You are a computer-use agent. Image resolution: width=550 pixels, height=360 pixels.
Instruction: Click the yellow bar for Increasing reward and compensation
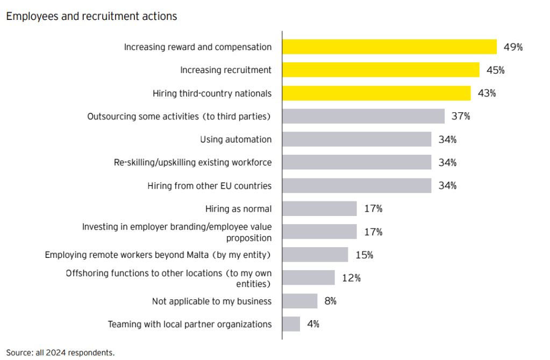click(x=389, y=47)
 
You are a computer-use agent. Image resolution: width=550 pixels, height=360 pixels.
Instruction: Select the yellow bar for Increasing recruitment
click(x=381, y=70)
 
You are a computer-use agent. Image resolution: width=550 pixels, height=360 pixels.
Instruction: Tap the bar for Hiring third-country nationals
click(x=376, y=93)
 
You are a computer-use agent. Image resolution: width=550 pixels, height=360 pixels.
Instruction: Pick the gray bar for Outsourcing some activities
click(x=363, y=116)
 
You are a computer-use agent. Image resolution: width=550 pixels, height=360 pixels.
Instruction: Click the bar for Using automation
click(x=357, y=139)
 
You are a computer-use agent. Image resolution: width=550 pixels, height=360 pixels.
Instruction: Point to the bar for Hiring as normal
click(x=320, y=208)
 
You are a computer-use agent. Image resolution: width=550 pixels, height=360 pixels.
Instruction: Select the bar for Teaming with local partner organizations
click(x=291, y=324)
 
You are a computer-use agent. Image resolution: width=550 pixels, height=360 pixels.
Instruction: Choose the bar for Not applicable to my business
click(x=300, y=301)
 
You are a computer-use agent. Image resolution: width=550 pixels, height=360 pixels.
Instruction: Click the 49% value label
click(x=513, y=47)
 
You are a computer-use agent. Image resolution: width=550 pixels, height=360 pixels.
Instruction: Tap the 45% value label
click(x=495, y=70)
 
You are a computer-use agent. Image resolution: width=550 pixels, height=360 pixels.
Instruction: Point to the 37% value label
click(x=461, y=116)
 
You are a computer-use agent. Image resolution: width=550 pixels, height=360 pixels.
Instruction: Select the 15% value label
click(x=364, y=255)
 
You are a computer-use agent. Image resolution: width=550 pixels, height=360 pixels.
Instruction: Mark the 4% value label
click(x=313, y=324)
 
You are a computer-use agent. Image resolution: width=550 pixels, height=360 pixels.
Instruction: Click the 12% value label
click(x=351, y=278)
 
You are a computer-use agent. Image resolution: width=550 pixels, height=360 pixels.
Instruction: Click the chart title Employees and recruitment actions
click(x=91, y=16)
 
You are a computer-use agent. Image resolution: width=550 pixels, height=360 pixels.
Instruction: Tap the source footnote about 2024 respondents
click(x=60, y=352)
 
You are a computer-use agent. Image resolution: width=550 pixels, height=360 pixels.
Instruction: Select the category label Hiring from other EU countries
click(x=209, y=186)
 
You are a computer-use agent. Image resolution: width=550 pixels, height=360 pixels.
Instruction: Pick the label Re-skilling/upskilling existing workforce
click(x=192, y=162)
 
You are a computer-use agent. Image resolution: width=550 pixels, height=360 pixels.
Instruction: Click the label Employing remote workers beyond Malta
click(x=158, y=255)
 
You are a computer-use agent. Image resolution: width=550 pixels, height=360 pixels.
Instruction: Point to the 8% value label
click(x=330, y=301)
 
